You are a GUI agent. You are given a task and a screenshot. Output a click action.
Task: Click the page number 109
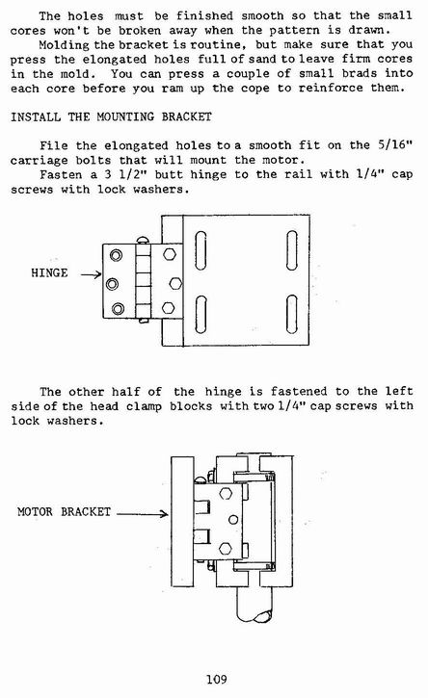[216, 680]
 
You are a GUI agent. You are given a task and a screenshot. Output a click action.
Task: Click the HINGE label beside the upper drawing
[49, 272]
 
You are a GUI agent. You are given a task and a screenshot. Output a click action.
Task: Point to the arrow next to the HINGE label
[91, 274]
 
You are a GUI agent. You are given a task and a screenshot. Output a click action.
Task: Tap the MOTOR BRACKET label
[65, 511]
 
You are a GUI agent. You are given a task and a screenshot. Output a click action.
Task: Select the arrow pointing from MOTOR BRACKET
[143, 514]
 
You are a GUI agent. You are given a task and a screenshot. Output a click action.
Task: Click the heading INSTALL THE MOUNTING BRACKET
[111, 117]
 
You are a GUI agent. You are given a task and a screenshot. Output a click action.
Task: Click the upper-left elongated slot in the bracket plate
[201, 250]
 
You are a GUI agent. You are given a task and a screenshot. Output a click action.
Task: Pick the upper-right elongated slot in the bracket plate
[292, 250]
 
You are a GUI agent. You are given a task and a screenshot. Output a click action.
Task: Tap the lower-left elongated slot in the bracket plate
[201, 314]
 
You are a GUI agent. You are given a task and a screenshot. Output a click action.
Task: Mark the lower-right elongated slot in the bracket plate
[292, 314]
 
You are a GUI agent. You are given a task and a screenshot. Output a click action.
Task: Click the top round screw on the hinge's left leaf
[116, 255]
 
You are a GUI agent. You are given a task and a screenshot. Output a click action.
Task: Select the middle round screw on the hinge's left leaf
[112, 284]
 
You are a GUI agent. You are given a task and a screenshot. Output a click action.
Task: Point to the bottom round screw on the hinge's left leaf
[118, 308]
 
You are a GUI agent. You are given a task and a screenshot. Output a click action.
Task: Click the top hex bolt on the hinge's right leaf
[170, 254]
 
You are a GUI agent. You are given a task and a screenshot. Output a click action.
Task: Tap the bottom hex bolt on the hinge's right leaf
[168, 307]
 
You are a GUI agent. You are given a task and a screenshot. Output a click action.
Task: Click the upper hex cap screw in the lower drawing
[226, 493]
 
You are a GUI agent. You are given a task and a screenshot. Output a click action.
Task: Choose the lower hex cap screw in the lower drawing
[226, 548]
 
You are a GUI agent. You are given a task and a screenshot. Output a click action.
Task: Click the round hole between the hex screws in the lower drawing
[233, 520]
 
